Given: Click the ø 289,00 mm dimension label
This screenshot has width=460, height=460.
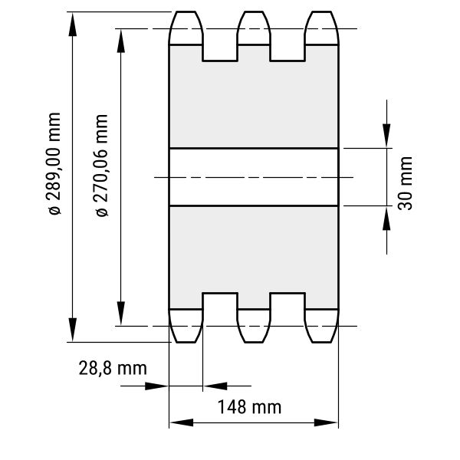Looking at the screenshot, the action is (x=55, y=164).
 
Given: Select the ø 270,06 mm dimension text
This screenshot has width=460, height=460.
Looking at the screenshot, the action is (x=102, y=166).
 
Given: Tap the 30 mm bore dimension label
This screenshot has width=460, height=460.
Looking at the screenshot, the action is (x=405, y=183).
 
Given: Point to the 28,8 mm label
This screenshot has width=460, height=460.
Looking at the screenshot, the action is (x=113, y=369).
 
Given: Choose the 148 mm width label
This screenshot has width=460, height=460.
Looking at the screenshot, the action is (x=249, y=407).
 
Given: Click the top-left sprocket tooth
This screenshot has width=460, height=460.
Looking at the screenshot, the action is (x=186, y=28).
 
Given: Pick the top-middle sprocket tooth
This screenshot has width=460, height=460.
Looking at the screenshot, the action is (x=254, y=28).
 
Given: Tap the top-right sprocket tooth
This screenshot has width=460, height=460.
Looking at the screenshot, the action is (x=322, y=28).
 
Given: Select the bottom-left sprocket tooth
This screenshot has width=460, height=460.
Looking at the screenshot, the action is (x=186, y=326).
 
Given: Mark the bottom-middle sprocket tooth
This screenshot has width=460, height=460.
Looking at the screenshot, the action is (x=254, y=326).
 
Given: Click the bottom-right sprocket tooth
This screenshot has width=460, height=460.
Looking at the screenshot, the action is (x=322, y=326).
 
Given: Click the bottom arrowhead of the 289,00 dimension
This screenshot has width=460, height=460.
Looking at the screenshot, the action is (x=73, y=330).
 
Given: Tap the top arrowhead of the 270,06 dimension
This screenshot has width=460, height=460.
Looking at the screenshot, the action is (x=121, y=41).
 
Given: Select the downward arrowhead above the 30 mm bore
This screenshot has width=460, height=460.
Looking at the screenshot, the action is (x=386, y=136).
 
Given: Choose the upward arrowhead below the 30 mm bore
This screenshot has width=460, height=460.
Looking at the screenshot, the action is (x=386, y=219).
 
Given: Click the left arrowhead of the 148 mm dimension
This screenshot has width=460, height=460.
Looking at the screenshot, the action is (x=181, y=422).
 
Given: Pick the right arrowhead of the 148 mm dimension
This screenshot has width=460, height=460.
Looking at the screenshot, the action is (x=326, y=422).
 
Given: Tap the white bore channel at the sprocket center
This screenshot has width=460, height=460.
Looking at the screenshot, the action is (x=254, y=177).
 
